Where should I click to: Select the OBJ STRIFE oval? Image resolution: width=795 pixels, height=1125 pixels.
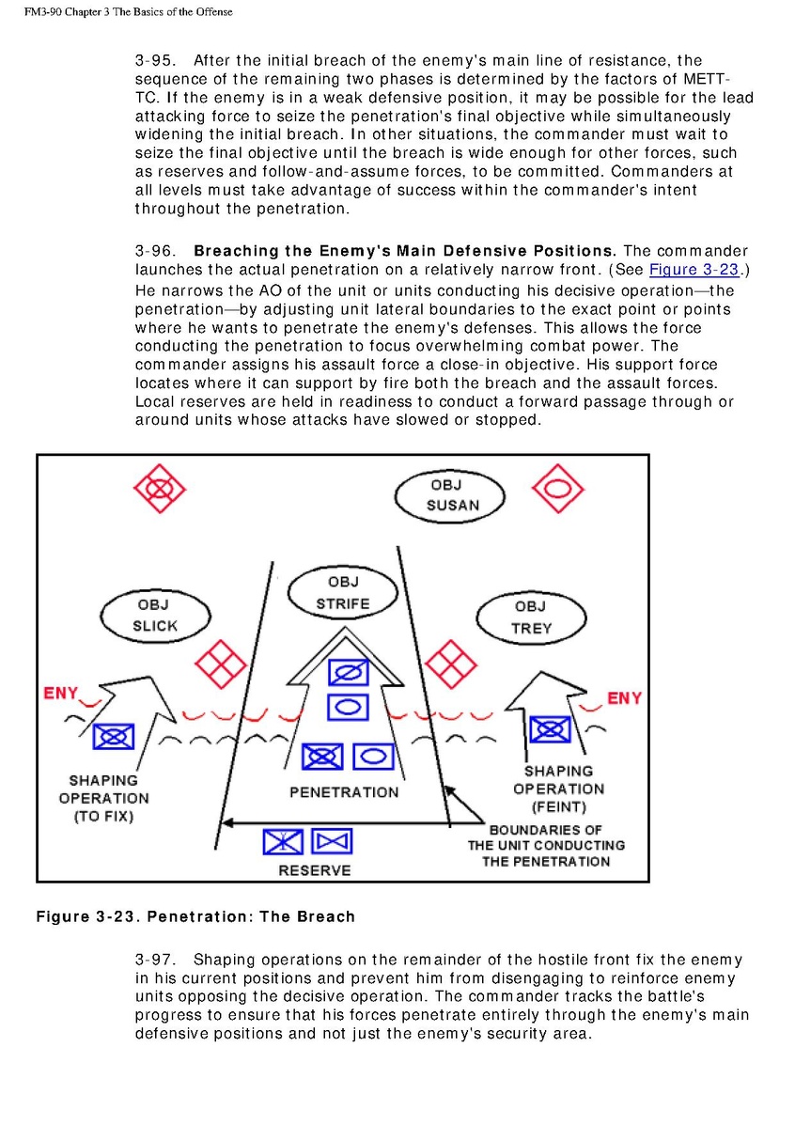342,593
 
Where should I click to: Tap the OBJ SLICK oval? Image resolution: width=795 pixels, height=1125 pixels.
154,615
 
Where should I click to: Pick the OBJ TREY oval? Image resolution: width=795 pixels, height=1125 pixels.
531,617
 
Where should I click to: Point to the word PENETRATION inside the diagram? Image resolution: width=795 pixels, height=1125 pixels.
344,792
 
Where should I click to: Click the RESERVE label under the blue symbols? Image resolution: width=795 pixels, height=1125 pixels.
315,870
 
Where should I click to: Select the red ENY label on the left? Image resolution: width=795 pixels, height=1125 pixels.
61,694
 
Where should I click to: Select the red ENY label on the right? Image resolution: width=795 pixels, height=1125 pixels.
624,698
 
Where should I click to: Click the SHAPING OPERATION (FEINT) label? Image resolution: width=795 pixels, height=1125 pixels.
558,789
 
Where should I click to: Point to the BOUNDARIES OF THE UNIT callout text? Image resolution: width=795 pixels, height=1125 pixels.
546,845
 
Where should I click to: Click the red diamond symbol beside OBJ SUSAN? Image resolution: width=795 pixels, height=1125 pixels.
557,489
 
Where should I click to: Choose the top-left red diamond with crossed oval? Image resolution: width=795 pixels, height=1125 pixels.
160,489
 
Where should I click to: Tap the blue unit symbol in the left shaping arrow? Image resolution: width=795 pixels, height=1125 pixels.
113,736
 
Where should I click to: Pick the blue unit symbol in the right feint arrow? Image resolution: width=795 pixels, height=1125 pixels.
550,729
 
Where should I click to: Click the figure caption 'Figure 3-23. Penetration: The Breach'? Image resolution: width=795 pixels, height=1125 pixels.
195,916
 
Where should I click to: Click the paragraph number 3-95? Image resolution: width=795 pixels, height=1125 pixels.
152,61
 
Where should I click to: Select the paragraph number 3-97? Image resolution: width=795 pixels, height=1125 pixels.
152,960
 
